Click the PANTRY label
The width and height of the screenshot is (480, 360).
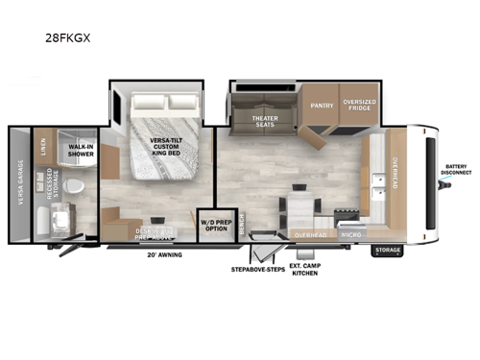(x=321, y=106)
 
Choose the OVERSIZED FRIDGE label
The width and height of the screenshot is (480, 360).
(x=360, y=106)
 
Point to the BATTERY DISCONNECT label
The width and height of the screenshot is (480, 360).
(x=457, y=170)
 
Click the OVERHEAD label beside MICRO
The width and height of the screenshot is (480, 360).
(x=310, y=233)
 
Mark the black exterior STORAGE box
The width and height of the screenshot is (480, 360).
(x=389, y=252)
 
